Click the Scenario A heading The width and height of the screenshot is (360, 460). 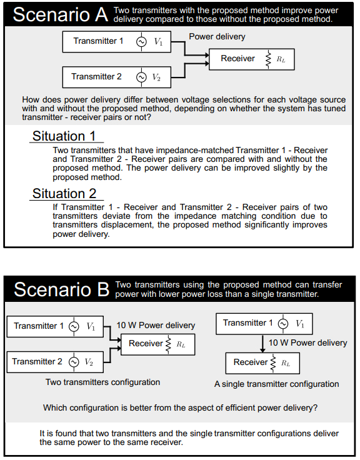61,14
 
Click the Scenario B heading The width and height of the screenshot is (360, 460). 62,289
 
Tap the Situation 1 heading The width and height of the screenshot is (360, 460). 64,136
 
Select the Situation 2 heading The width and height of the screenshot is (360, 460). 64,194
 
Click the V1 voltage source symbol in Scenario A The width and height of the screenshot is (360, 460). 141,42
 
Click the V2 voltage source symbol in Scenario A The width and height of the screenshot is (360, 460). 141,77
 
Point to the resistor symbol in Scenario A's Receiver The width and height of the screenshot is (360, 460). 268,59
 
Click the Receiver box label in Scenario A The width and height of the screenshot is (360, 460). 237,58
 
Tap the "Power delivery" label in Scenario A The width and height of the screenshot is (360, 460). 217,37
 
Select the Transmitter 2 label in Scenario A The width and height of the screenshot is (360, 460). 96,77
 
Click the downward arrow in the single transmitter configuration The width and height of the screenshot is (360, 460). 262,343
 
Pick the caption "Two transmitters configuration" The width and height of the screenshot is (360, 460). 102,382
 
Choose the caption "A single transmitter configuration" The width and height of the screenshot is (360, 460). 277,384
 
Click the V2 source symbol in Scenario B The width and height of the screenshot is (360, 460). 74,362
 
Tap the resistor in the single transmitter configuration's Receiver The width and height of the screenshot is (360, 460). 273,363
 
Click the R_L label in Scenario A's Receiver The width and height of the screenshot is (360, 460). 281,59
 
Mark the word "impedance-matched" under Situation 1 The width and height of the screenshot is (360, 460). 194,150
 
